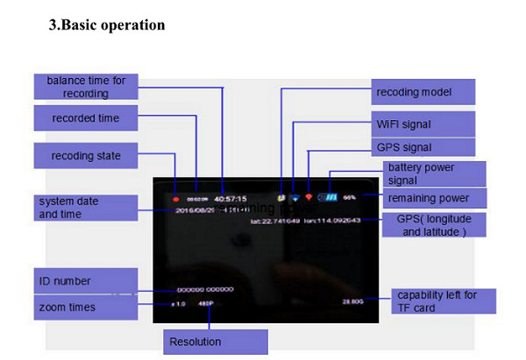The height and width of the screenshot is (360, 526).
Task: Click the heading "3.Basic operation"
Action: point(106,25)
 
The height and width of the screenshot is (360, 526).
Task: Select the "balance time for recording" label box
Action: point(86,87)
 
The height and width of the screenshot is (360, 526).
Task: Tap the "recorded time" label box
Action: point(86,118)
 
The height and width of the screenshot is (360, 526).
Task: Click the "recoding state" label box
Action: point(86,157)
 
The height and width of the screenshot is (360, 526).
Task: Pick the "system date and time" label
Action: point(86,208)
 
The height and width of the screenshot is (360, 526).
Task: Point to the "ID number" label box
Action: point(86,281)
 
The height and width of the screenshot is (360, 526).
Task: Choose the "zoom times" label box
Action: point(86,308)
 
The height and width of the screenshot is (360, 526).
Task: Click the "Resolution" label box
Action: point(215,342)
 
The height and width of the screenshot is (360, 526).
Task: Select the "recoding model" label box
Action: point(424,92)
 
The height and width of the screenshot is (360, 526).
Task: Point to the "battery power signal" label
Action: point(430,173)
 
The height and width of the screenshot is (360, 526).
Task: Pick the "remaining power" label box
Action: point(430,198)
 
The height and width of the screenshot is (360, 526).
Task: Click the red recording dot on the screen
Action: point(175,198)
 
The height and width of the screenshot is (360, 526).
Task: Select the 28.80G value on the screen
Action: point(354,300)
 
